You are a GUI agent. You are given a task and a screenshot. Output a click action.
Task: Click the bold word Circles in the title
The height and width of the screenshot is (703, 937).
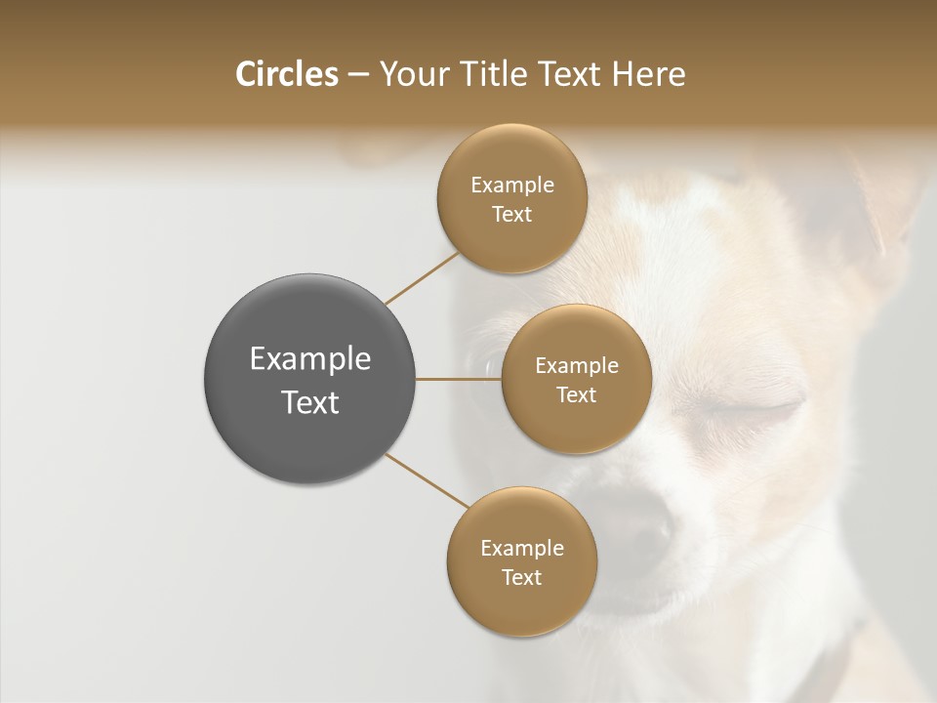point(287,74)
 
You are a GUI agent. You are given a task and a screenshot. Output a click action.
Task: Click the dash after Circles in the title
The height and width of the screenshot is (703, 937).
point(358,75)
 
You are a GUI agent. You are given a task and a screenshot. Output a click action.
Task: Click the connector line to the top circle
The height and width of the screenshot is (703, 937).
point(423,277)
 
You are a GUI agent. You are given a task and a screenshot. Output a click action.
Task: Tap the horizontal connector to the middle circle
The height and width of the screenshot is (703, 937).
point(459,379)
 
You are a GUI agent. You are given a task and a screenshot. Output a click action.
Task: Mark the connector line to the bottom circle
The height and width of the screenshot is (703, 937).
point(427,480)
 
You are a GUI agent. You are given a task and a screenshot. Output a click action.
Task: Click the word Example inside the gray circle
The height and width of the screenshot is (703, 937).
point(310,359)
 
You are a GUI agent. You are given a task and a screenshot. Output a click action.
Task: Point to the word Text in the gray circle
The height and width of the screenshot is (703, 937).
point(310,402)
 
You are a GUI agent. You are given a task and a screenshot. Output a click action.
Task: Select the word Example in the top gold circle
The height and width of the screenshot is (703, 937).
point(512,186)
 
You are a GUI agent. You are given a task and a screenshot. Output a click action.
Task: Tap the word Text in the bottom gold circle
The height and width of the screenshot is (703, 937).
point(521,577)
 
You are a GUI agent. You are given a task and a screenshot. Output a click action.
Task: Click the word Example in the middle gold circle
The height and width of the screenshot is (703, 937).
point(577,366)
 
